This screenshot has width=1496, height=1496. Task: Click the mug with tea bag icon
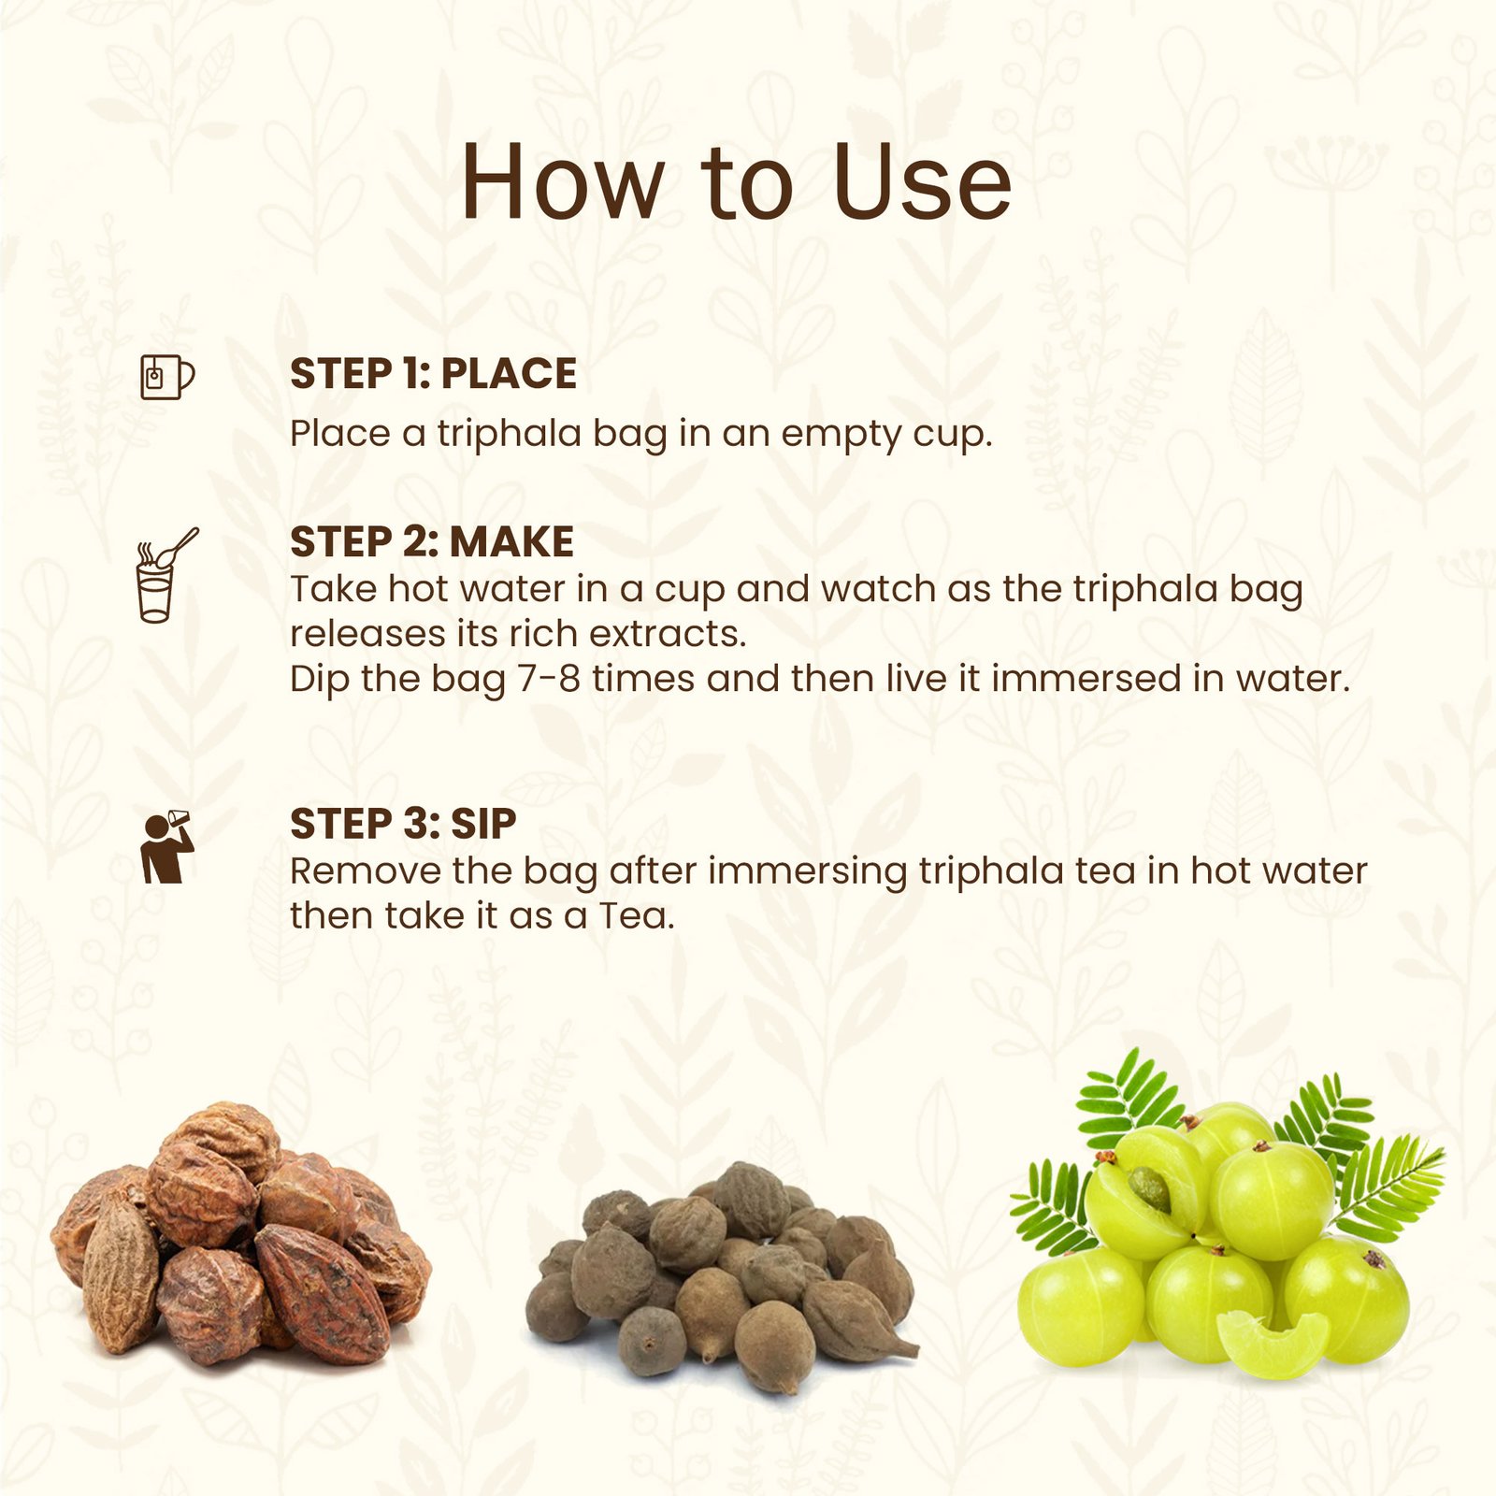(x=167, y=377)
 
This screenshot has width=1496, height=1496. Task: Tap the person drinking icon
(x=166, y=847)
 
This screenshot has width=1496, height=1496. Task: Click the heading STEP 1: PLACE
(x=433, y=374)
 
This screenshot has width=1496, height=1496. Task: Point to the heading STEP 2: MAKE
(x=432, y=542)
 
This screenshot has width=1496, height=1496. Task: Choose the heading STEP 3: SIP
(x=403, y=824)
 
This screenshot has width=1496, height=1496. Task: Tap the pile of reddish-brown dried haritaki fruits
(x=241, y=1234)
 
